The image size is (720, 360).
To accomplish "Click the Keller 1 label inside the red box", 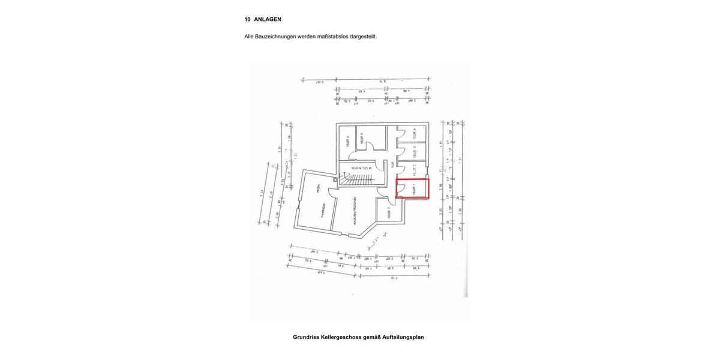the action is tap(414, 190).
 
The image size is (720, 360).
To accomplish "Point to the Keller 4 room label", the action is tap(414, 133).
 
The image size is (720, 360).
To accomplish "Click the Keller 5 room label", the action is tap(362, 138).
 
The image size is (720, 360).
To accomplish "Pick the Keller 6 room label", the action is tap(347, 142).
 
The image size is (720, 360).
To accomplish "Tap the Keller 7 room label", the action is tap(389, 211).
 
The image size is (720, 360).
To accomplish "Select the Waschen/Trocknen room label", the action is tap(355, 211).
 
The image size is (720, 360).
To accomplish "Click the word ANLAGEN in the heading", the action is tap(268, 19).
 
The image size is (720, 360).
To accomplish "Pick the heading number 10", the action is tap(247, 19).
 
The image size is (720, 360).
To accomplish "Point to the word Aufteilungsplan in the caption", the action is tap(403, 337).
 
